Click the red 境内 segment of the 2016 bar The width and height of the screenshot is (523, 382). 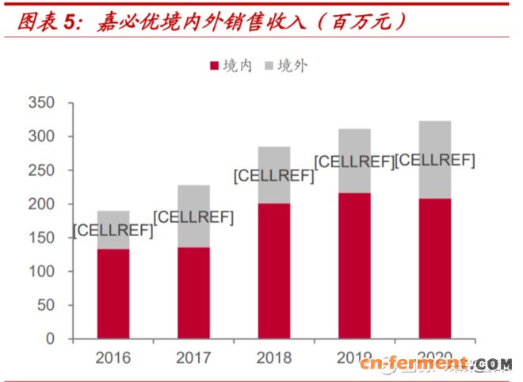(113, 294)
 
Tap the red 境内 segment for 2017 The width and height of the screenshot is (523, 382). (193, 293)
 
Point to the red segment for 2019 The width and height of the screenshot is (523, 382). (354, 265)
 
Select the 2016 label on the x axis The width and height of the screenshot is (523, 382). (113, 358)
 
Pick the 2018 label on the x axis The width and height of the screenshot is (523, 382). (273, 358)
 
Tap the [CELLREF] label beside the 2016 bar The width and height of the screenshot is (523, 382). (113, 231)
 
